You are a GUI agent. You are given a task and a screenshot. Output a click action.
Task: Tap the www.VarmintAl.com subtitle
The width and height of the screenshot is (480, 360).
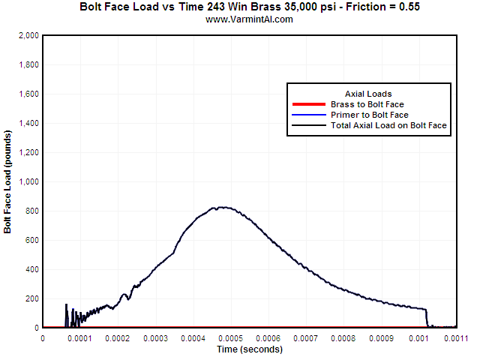[249, 19]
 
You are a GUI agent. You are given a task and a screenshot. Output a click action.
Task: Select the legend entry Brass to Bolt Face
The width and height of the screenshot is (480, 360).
[373, 103]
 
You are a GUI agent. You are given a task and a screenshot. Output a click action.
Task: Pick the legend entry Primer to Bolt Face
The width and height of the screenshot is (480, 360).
[370, 115]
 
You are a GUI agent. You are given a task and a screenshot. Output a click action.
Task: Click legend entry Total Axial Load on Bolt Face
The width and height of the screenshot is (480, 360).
[389, 126]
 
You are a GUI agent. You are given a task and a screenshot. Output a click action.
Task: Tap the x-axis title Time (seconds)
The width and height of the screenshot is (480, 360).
[249, 349]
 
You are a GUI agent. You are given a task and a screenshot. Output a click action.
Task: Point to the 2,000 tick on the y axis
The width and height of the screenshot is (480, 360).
[28, 35]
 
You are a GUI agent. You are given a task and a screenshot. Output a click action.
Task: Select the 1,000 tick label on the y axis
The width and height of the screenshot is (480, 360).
[28, 181]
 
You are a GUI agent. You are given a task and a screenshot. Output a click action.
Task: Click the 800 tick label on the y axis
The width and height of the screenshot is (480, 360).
[31, 211]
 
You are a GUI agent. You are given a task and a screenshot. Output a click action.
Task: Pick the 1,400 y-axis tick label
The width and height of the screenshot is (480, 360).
[28, 123]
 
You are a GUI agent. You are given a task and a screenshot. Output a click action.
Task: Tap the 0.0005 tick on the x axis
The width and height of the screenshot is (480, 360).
[230, 338]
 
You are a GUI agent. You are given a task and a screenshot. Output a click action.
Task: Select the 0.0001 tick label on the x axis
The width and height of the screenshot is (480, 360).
[79, 338]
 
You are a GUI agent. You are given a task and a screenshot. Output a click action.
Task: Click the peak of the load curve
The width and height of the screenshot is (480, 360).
[221, 207]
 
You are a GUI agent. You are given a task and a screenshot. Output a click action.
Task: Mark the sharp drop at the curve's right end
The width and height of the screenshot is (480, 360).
[427, 318]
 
